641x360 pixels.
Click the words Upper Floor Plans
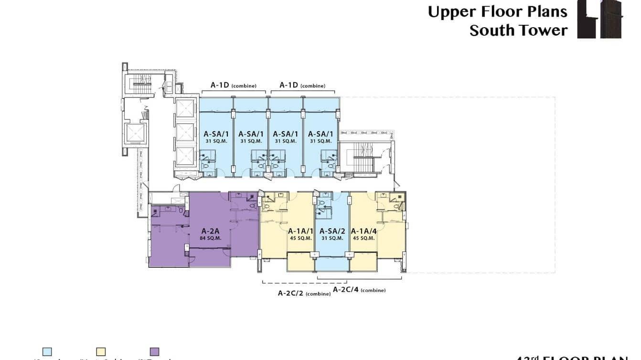497,11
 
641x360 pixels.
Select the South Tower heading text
518,30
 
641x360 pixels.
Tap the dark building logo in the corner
600,19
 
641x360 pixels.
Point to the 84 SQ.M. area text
211,238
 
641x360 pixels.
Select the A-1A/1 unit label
300,231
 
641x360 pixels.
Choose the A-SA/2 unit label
332,231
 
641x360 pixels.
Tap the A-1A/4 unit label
363,231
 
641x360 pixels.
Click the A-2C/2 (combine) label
304,293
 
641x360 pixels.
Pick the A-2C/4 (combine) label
359,290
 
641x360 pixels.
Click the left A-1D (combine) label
234,85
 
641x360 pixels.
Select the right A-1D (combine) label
302,85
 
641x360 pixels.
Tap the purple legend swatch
154,352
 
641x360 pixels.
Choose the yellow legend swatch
101,352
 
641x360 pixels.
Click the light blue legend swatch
47,352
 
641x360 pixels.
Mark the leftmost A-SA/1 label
215,134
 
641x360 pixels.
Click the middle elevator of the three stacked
185,132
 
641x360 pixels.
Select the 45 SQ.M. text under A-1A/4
363,238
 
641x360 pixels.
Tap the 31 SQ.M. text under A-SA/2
332,238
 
